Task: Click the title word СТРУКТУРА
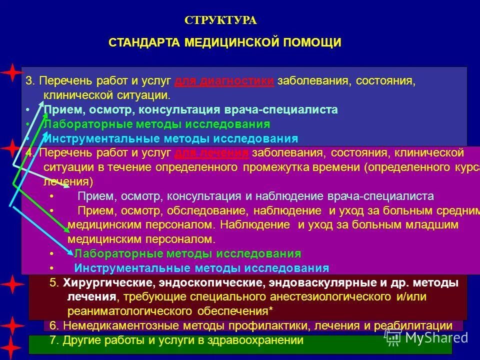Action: point(220,20)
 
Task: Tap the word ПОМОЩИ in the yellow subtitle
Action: point(313,42)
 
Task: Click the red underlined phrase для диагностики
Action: point(224,81)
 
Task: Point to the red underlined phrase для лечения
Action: point(212,153)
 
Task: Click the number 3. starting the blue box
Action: point(30,81)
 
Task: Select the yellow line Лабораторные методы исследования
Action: point(187,253)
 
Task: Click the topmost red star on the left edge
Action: point(9,73)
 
